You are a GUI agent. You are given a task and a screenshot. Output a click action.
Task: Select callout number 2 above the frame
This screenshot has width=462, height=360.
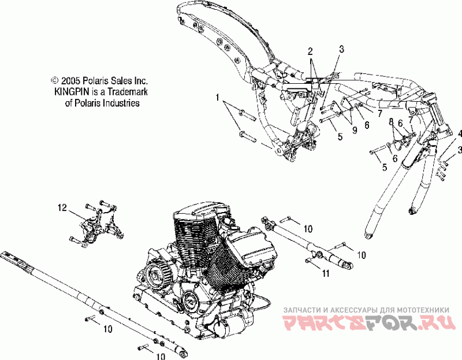pyautogui.click(x=310, y=51)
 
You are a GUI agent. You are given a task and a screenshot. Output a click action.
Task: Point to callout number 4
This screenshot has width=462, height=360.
pyautogui.click(x=460, y=134)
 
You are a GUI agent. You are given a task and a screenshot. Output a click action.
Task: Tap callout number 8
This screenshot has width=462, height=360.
pyautogui.click(x=390, y=122)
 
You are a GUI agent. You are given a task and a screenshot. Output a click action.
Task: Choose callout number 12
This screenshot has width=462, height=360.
pyautogui.click(x=62, y=206)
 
